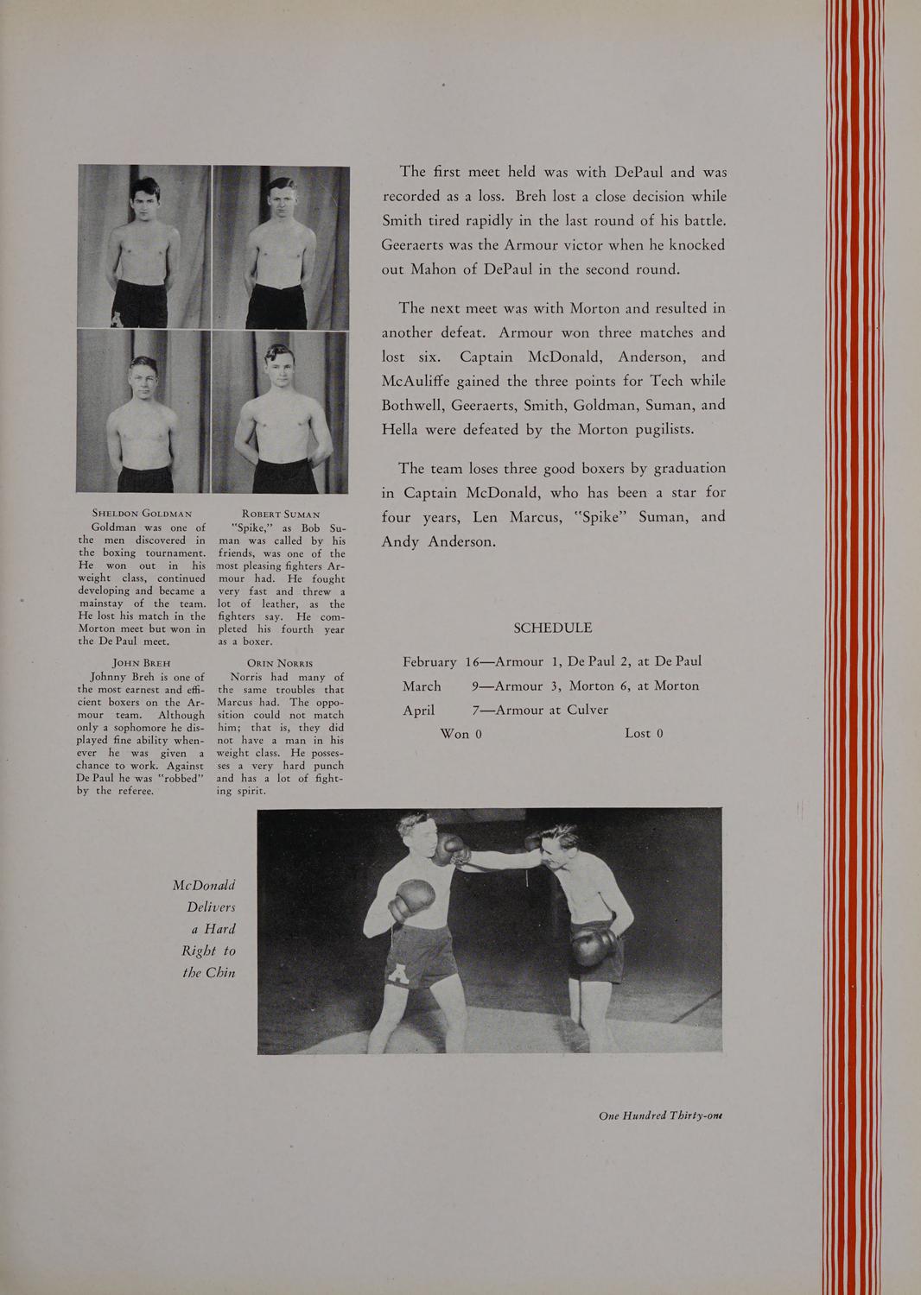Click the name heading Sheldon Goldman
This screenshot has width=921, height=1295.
[142, 514]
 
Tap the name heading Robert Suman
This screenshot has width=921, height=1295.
[282, 514]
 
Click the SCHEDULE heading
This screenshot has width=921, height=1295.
[553, 629]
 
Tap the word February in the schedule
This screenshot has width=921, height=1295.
[429, 662]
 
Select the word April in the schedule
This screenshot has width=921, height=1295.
[419, 711]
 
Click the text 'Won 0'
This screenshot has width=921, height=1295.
[460, 734]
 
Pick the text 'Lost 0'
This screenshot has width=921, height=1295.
[644, 734]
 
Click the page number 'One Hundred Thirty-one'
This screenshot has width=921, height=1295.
[660, 1115]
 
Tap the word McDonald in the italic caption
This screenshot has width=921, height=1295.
[205, 886]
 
